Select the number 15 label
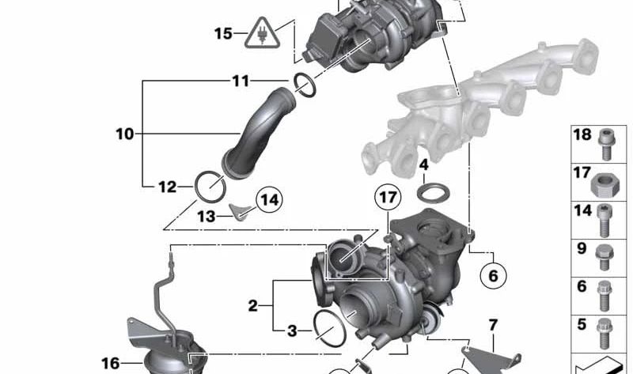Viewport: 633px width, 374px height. [x=223, y=33]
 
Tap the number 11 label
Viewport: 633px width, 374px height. [x=241, y=81]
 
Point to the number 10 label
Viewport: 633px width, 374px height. [x=124, y=134]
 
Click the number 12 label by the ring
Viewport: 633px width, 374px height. [x=167, y=187]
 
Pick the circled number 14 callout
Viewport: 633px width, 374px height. [x=269, y=200]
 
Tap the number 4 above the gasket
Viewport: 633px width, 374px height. [x=424, y=165]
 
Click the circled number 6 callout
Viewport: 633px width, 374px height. [x=491, y=276]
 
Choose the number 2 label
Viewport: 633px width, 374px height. [x=252, y=305]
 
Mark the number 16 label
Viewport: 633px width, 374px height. [x=110, y=363]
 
